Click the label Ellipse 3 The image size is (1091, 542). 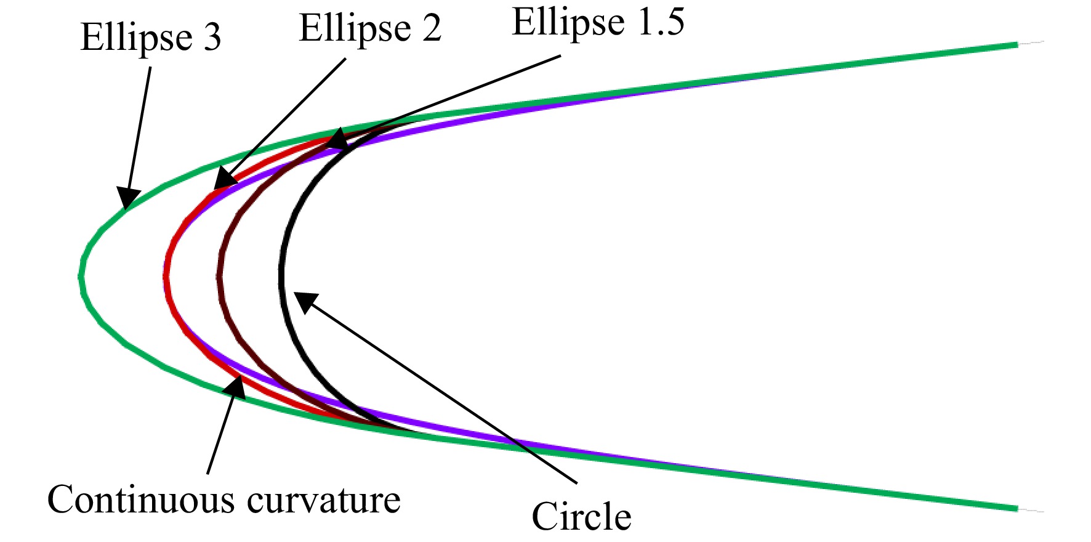(x=150, y=37)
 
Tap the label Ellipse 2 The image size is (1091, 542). (x=370, y=28)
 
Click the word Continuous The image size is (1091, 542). (x=141, y=499)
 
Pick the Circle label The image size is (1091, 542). (x=581, y=516)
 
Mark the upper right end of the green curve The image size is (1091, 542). (x=1017, y=44)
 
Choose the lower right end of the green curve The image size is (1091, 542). (x=1017, y=509)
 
